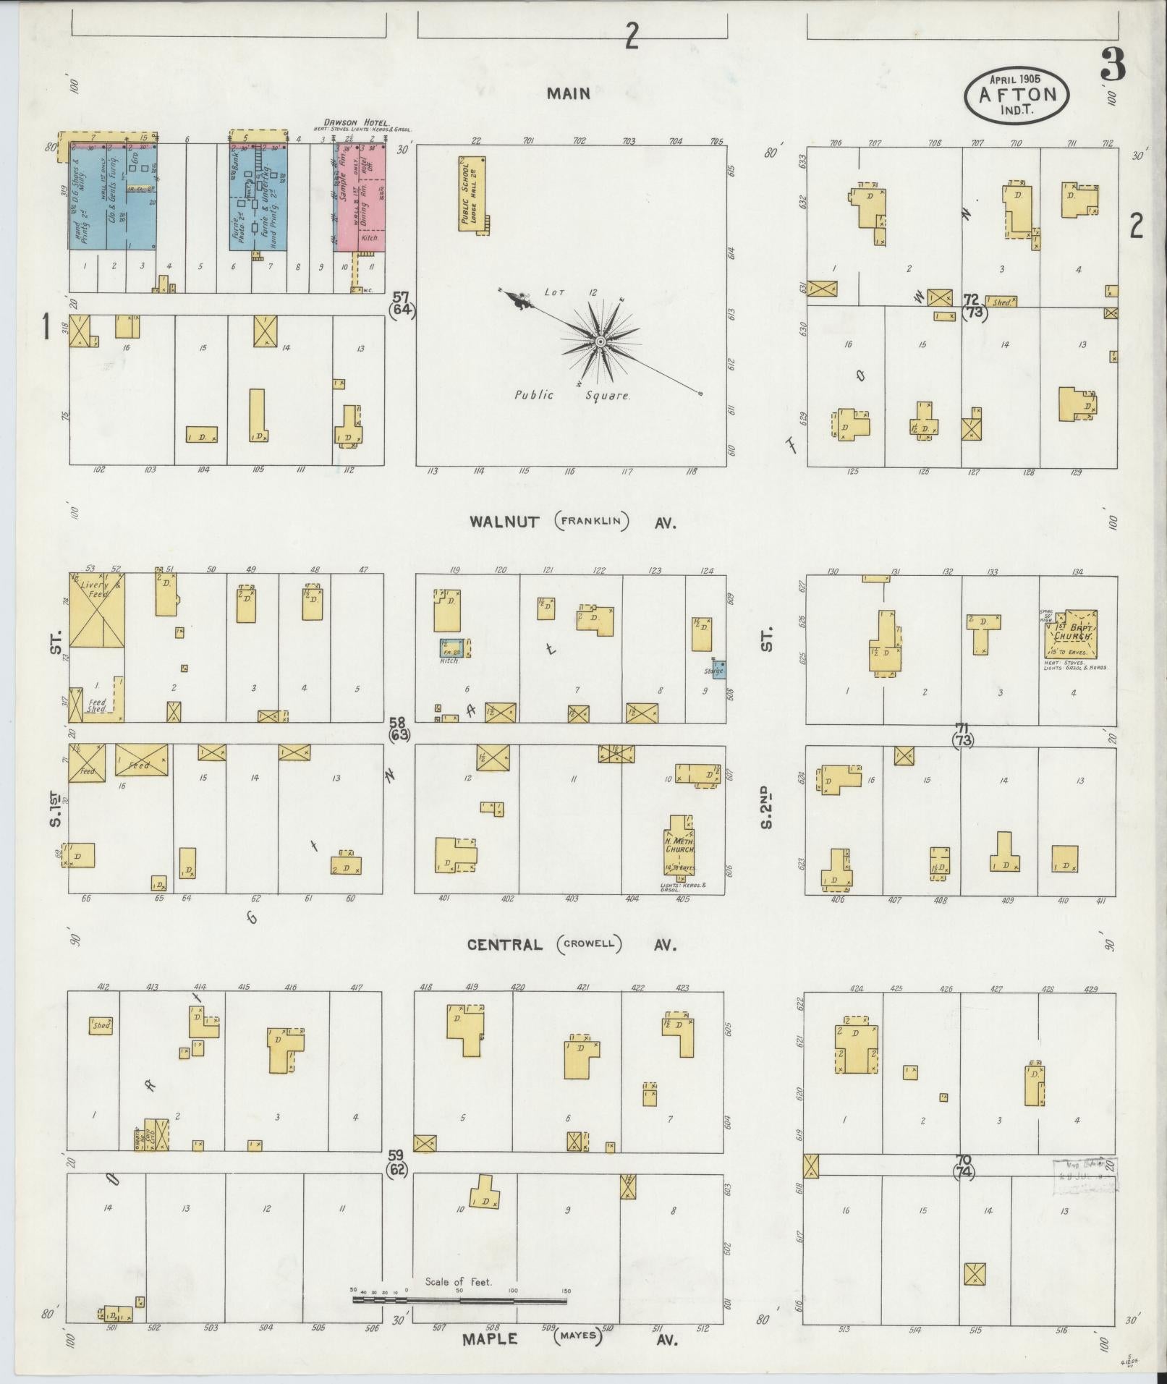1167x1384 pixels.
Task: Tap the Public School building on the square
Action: pos(471,193)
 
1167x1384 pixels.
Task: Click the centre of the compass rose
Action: pos(600,340)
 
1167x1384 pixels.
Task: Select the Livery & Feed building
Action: pos(97,610)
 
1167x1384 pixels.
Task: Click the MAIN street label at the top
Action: pos(568,93)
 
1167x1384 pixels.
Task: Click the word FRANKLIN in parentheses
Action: pos(592,522)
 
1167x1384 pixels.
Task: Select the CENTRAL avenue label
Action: pos(504,945)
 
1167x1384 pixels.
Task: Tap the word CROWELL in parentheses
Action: pos(589,945)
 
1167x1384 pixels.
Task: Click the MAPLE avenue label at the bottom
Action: pos(490,1339)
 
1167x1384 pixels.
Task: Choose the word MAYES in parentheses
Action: pos(578,1336)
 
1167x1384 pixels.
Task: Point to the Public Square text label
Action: pos(572,396)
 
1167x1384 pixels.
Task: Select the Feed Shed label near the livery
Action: pos(97,705)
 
